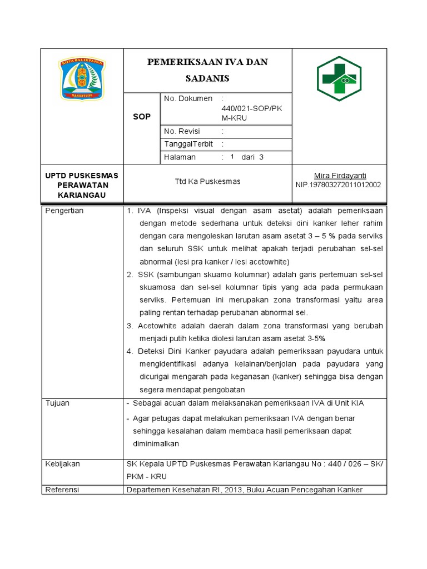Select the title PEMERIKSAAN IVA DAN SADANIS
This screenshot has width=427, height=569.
[207, 69]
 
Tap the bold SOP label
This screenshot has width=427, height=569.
[142, 117]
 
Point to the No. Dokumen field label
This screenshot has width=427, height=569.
[188, 98]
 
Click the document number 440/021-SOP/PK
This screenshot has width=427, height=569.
[251, 108]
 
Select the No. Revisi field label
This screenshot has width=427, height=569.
[182, 131]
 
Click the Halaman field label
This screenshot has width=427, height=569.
[180, 157]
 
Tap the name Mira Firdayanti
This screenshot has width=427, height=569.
[340, 176]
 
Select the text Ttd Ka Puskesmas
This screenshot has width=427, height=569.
[207, 181]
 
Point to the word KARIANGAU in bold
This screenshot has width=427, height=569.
[82, 195]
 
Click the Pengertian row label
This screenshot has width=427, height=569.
[64, 211]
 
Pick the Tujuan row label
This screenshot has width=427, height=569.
[57, 403]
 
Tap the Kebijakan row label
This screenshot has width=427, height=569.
[62, 464]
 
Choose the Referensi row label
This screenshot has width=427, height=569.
[62, 490]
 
